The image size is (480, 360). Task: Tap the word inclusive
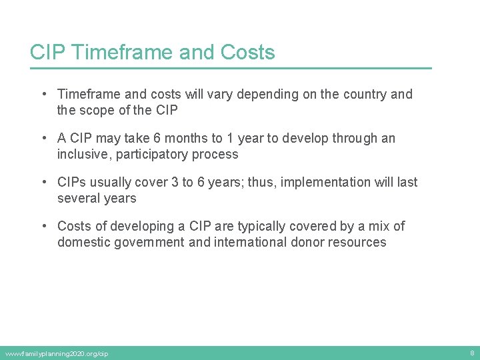coord(83,155)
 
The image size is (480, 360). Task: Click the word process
coord(216,155)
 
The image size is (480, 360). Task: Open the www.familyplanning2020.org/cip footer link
coord(56,353)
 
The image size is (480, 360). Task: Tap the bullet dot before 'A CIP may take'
coord(42,139)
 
